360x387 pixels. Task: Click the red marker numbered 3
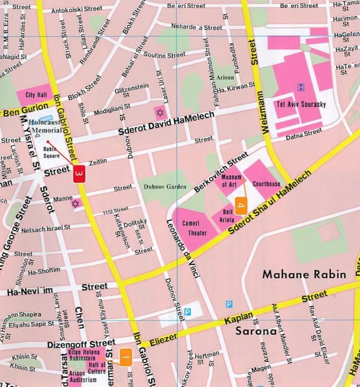click(80, 174)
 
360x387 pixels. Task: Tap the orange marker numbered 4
click(241, 206)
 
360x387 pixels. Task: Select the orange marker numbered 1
click(126, 357)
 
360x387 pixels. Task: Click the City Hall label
click(36, 95)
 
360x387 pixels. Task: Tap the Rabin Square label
click(51, 152)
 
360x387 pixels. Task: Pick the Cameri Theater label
click(194, 228)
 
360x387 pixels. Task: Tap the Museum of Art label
click(231, 181)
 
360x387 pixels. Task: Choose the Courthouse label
click(266, 184)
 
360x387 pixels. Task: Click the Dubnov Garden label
click(165, 187)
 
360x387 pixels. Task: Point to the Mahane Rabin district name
click(304, 275)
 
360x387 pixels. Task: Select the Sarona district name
click(256, 331)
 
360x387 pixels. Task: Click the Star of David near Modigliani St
click(160, 113)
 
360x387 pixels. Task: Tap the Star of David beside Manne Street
click(75, 204)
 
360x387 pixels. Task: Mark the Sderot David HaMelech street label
click(166, 123)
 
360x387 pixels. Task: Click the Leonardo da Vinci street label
click(183, 249)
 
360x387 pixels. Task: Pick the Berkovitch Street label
click(221, 172)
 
